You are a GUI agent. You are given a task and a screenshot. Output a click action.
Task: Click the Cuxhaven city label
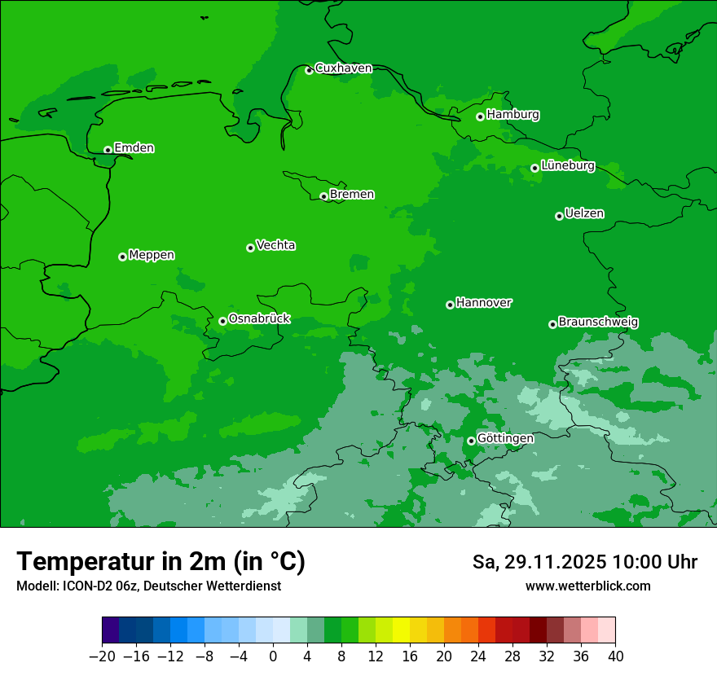point(343,68)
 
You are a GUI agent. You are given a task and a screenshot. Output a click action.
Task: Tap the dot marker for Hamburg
point(481,116)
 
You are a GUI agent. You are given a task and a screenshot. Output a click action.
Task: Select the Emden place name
point(134,148)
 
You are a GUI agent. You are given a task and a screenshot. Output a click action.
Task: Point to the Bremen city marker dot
point(323,196)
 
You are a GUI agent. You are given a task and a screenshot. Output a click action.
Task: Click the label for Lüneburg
point(567,166)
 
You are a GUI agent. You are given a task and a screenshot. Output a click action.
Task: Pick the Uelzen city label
point(584,214)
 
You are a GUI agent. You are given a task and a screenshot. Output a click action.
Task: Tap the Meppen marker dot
point(122,257)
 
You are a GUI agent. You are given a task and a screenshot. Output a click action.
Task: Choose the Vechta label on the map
point(275,245)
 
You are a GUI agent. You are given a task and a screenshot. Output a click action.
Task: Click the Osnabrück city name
point(259,319)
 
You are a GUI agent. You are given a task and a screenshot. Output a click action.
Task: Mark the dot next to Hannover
point(450,305)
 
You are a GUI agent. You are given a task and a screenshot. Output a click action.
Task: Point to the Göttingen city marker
point(471,441)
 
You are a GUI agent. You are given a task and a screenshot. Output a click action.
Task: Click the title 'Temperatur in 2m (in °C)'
point(161,562)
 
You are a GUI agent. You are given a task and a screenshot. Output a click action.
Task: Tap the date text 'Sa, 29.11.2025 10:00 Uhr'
point(585,562)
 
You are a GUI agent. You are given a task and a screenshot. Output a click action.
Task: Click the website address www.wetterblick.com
point(588,586)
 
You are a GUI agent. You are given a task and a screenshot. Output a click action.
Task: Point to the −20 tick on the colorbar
point(102,656)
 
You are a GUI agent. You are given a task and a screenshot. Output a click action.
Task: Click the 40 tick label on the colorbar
point(615,656)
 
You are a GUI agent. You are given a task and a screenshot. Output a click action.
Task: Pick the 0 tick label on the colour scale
point(273,656)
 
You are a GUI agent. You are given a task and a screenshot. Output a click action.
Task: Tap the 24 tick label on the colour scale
point(478,656)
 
